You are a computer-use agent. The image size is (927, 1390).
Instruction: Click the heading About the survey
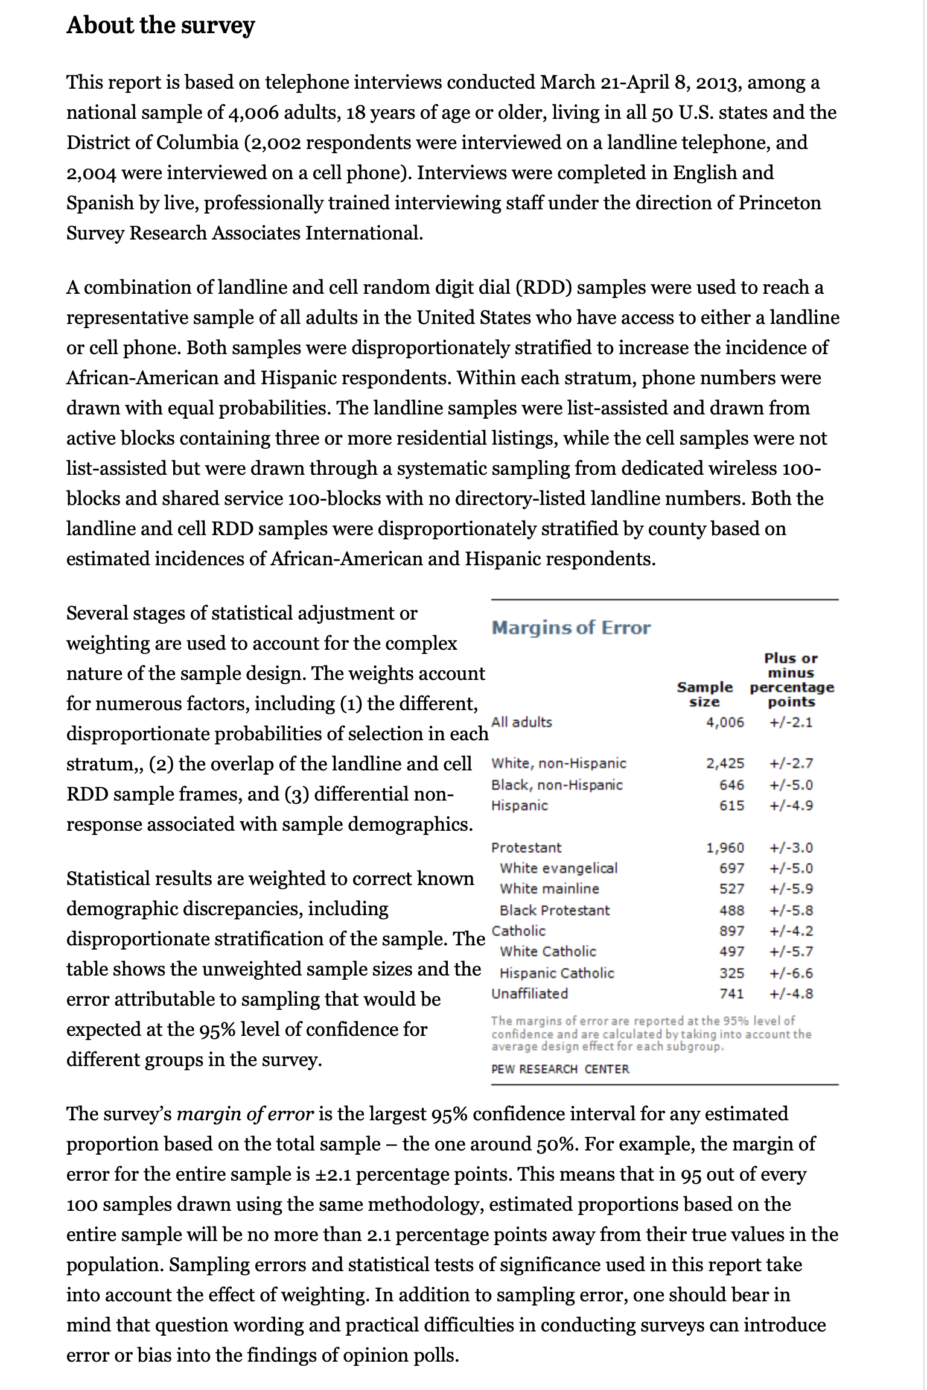(161, 25)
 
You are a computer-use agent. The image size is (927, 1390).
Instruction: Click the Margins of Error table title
(571, 627)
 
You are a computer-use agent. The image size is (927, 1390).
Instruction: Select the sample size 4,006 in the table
(725, 722)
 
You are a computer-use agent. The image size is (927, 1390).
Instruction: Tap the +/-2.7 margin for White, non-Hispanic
(791, 763)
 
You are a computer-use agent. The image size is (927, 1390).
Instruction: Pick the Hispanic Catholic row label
(556, 973)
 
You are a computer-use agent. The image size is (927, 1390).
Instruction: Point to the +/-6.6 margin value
(791, 973)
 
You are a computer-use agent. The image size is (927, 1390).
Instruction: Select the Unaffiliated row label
(529, 994)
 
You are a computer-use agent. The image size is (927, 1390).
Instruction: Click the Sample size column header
(704, 694)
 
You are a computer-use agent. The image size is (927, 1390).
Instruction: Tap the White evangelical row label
(558, 868)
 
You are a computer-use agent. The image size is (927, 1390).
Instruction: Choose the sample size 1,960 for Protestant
(725, 848)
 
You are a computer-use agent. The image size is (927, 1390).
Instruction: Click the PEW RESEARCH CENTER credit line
(560, 1069)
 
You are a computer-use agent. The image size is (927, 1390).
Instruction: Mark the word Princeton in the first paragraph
(780, 203)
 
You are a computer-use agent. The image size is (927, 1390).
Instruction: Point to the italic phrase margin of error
(245, 1114)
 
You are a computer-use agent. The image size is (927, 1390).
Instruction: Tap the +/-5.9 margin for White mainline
(791, 889)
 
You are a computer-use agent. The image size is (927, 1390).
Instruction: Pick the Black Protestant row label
(554, 910)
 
